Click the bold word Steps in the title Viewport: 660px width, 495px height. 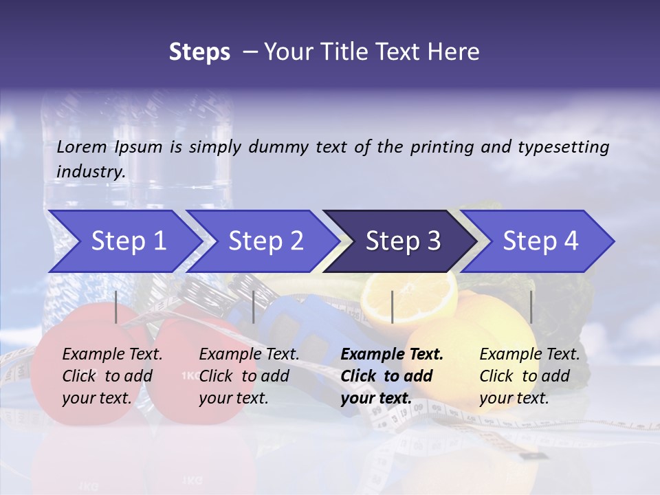(x=199, y=52)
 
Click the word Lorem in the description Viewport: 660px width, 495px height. (x=82, y=146)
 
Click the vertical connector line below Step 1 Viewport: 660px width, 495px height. (x=116, y=307)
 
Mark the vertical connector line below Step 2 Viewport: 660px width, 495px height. (x=254, y=307)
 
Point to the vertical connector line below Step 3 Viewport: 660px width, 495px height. (x=392, y=307)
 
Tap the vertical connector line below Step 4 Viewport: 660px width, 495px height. (x=531, y=307)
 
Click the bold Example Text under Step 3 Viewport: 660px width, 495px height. (x=392, y=354)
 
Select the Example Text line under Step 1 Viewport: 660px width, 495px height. (x=112, y=354)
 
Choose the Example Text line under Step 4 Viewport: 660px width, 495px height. (x=529, y=354)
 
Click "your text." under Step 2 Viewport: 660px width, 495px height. (x=234, y=398)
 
